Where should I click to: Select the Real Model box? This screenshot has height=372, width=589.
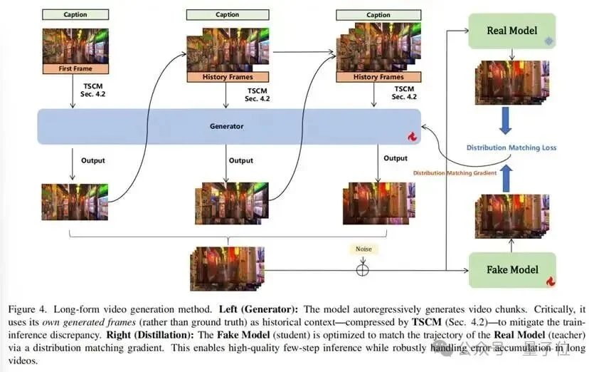[511, 31]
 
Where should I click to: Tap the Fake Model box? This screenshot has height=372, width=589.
[511, 270]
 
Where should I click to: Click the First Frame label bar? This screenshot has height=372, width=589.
[75, 69]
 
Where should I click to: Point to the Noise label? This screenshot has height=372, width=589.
[363, 249]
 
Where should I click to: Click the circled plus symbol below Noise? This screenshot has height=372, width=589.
[363, 269]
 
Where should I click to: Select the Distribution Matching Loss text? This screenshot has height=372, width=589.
[511, 148]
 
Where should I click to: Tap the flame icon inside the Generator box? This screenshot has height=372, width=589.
[411, 136]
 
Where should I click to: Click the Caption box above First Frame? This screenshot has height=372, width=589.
[75, 14]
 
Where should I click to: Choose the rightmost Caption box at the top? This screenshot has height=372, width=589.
[378, 14]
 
